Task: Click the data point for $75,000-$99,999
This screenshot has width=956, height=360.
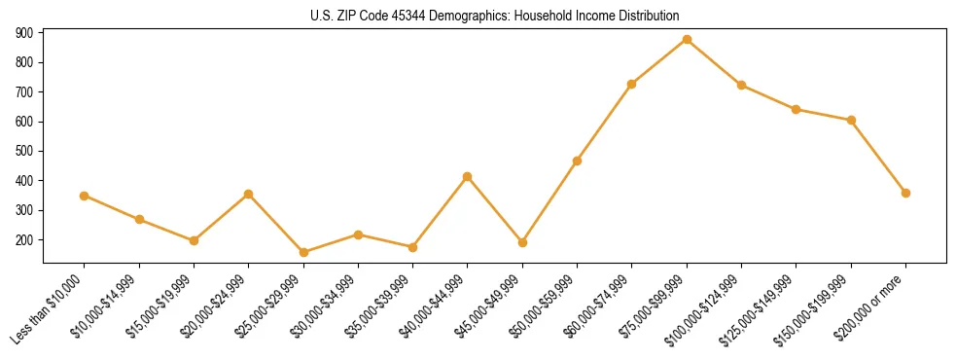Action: point(687,40)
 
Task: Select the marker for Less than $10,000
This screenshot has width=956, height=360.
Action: point(85,196)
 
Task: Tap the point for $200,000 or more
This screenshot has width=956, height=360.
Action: point(905,193)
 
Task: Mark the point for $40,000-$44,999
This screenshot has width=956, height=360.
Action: point(468,177)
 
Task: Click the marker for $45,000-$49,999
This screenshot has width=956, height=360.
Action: point(522,242)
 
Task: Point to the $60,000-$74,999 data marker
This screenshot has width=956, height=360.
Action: point(632,85)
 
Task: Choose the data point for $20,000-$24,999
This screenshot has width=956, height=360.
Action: point(249,194)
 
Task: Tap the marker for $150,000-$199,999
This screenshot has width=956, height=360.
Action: point(851,120)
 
